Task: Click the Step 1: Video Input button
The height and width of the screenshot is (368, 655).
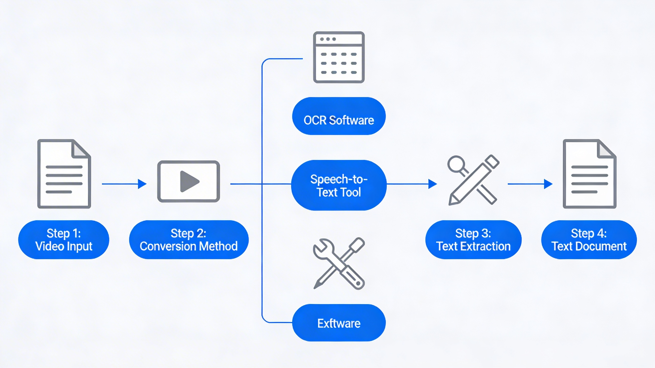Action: (64, 240)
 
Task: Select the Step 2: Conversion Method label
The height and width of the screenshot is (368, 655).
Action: (189, 240)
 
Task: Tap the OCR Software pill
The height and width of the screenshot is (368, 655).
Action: (339, 116)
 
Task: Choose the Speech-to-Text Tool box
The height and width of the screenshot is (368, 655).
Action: (339, 185)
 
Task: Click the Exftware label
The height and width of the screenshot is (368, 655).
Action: (339, 323)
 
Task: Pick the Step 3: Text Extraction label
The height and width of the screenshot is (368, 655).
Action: (473, 240)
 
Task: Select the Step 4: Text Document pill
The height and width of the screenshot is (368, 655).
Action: (589, 240)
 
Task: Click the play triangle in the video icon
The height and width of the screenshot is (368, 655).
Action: (189, 181)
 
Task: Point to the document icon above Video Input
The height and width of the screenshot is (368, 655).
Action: (64, 174)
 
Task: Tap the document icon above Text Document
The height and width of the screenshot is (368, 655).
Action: (589, 174)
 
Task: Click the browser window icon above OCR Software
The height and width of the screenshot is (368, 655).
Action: (339, 57)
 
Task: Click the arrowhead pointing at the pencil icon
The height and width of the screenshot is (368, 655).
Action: (433, 184)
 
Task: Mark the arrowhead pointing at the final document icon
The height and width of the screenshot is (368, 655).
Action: (548, 184)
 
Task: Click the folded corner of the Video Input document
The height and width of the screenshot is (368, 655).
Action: (80, 149)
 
